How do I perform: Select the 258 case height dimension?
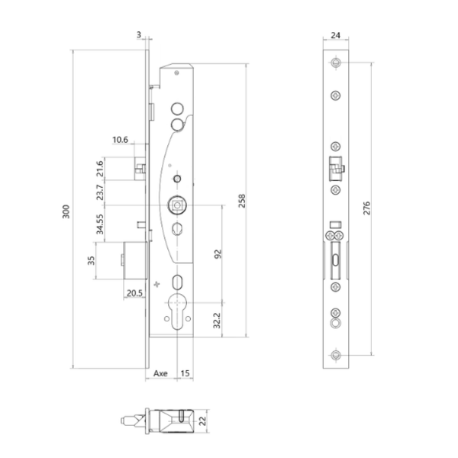(x=243, y=200)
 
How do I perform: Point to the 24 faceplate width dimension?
(x=337, y=36)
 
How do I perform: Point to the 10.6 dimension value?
(x=120, y=140)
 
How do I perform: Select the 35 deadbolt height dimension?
(x=91, y=261)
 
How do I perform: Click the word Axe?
(x=160, y=374)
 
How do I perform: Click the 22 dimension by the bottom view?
(x=202, y=420)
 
